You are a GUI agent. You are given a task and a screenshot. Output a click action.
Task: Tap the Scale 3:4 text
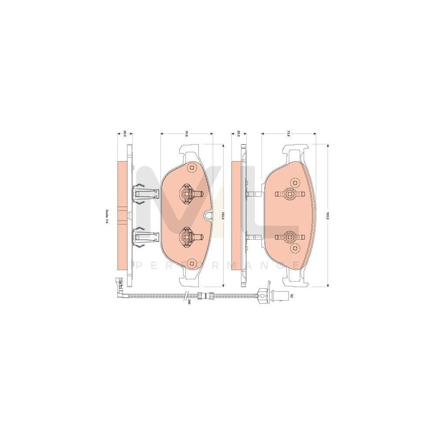coord(106,216)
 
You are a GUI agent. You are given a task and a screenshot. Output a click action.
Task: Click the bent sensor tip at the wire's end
coord(118,285)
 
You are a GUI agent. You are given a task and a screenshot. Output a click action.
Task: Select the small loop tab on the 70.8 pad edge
coord(208,214)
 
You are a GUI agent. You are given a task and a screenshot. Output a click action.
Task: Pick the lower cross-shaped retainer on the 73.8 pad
coord(289,237)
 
